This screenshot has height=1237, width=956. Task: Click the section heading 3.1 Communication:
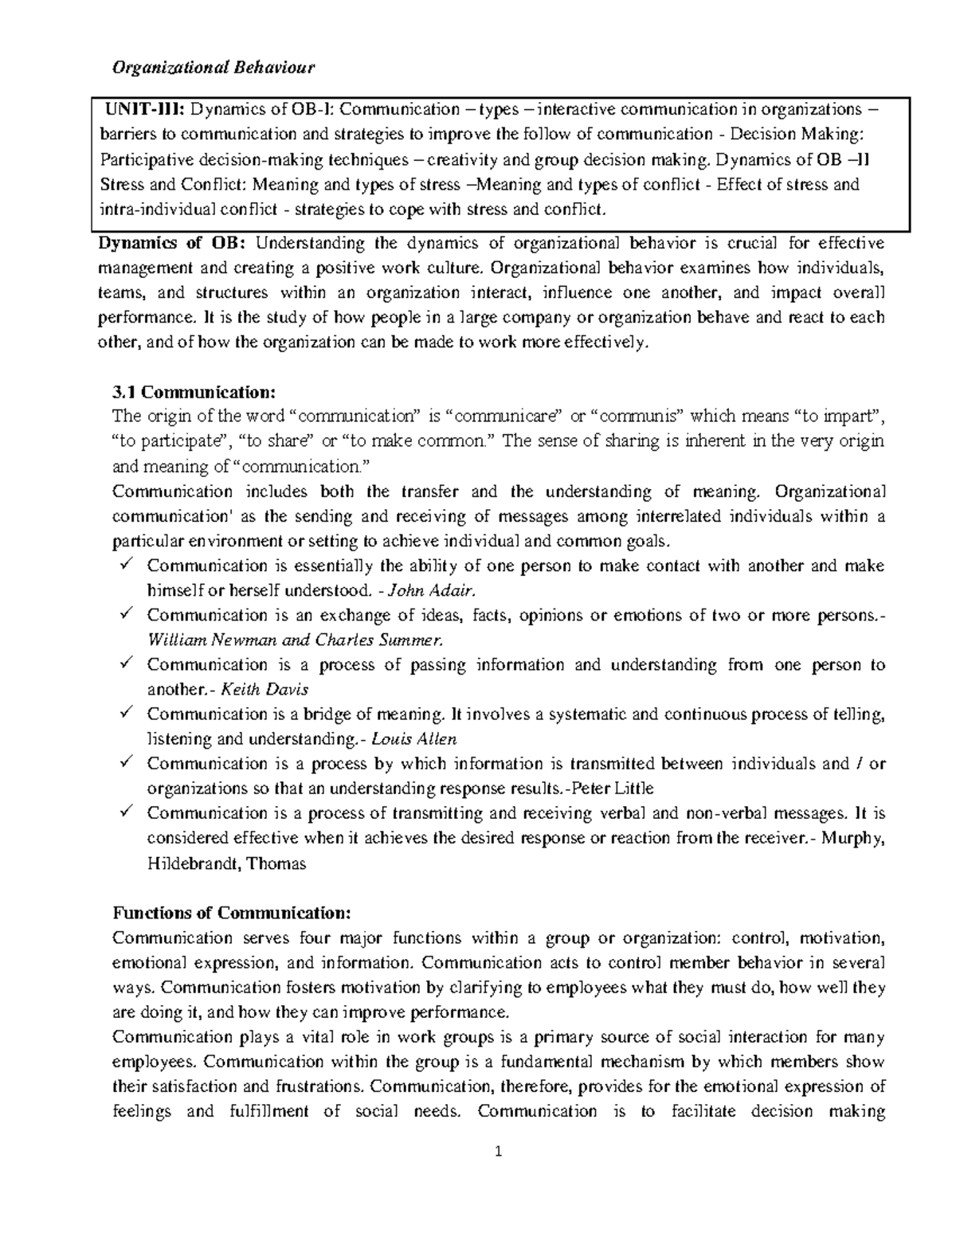[x=194, y=392]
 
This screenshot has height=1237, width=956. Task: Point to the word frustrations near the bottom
[x=319, y=1086]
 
